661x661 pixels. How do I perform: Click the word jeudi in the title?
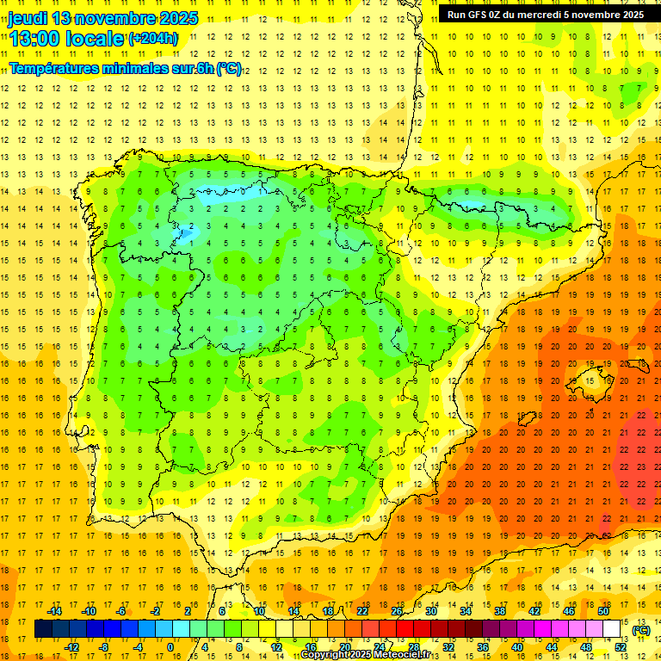[28, 18]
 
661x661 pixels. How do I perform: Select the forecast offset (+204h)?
[153, 39]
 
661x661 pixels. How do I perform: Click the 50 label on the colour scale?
[603, 611]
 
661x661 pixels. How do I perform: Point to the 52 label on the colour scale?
[621, 647]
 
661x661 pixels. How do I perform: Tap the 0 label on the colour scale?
[170, 647]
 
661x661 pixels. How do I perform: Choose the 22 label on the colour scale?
[362, 611]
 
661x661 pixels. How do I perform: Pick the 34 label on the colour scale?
[466, 611]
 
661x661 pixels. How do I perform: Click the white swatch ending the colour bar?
[612, 629]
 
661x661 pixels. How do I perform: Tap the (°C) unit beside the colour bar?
[640, 630]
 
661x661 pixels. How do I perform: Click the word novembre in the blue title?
[114, 18]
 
